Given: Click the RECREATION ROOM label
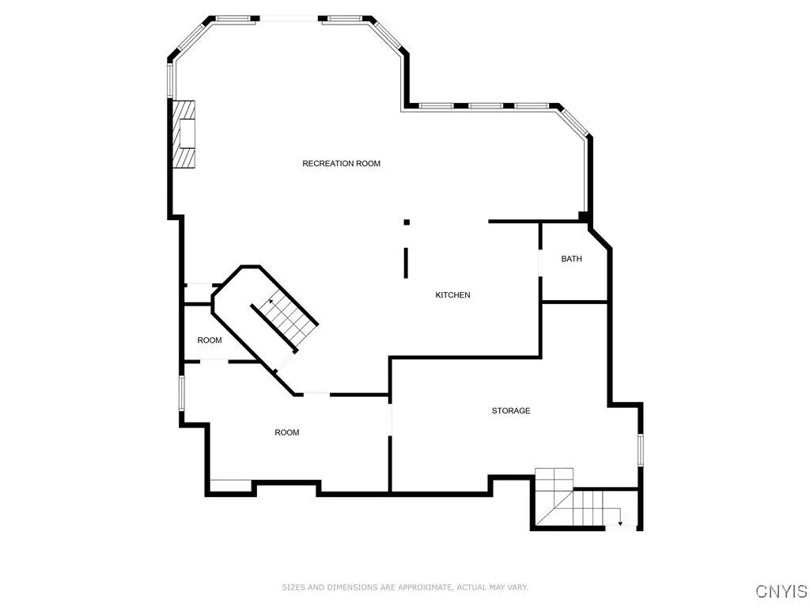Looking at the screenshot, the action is click(x=342, y=163).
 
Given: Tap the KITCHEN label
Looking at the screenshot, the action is click(x=452, y=294).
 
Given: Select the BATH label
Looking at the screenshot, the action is click(x=571, y=259).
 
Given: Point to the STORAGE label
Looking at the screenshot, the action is click(x=511, y=411).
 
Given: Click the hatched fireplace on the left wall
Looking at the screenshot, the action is click(x=184, y=134).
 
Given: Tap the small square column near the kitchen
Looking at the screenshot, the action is click(x=407, y=222).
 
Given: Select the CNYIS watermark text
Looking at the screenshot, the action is click(x=782, y=591).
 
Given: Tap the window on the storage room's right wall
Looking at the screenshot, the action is click(x=641, y=450).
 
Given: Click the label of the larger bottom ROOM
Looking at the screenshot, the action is click(x=286, y=432).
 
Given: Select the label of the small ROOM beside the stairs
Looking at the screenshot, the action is click(x=209, y=340).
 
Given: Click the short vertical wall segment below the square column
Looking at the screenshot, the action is click(x=406, y=263).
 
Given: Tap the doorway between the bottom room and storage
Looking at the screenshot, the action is click(x=391, y=420).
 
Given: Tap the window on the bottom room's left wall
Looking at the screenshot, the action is click(x=182, y=393).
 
